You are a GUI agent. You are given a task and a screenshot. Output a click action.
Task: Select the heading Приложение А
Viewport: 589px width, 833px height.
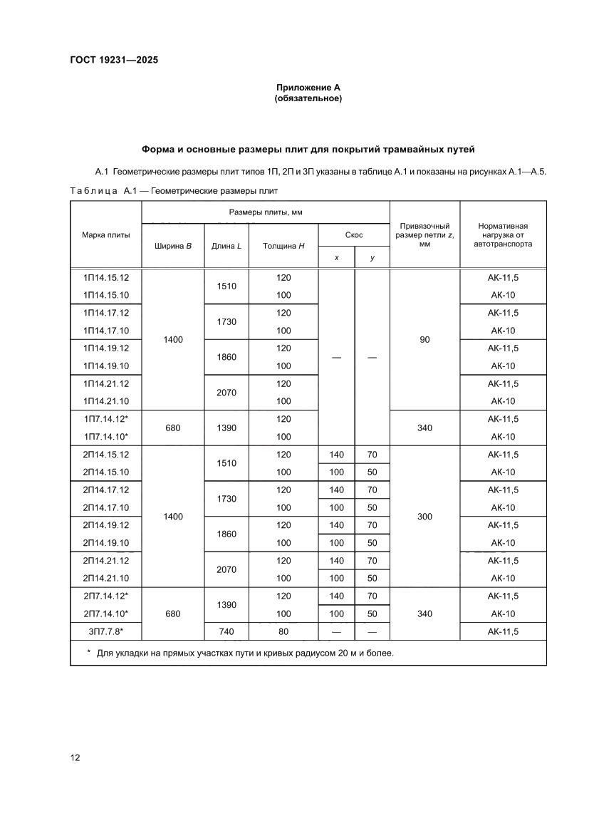[x=308, y=88]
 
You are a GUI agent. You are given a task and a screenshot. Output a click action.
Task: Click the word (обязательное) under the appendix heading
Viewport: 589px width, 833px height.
[x=308, y=98]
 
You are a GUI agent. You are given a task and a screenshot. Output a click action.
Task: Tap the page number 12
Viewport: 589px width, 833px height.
[x=75, y=757]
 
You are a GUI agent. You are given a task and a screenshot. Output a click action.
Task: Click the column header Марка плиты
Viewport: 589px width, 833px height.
[x=105, y=234]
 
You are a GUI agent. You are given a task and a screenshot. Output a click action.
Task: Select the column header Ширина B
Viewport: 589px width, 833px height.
[x=172, y=246]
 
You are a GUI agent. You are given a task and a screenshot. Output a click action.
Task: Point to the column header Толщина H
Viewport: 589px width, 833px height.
[x=283, y=246]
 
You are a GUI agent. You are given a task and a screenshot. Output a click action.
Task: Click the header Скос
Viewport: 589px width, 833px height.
[x=354, y=234]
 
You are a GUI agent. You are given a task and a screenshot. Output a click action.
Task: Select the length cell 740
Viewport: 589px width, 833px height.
[x=223, y=631]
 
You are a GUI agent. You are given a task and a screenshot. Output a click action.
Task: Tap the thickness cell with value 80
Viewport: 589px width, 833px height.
[x=283, y=631]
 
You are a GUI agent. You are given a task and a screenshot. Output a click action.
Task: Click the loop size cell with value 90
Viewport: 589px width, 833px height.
[x=424, y=340]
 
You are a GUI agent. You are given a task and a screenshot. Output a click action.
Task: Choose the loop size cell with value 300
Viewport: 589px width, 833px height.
[x=424, y=517]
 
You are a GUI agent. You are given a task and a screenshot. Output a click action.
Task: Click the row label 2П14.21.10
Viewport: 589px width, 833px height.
[x=105, y=578]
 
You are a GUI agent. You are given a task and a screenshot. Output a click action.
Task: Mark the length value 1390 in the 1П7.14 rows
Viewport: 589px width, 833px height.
[x=223, y=428]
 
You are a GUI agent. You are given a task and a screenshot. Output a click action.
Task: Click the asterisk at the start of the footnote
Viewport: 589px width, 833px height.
[x=89, y=652]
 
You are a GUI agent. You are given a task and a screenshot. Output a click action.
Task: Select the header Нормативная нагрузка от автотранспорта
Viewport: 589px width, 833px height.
[x=503, y=234]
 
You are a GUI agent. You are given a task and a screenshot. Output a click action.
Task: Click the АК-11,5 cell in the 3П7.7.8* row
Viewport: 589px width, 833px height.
[x=503, y=631]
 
